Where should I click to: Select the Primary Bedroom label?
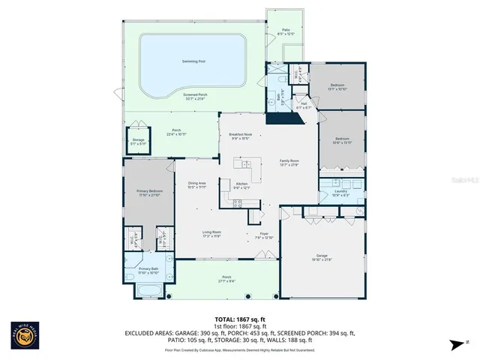click(x=148, y=193)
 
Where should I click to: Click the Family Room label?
click(x=289, y=162)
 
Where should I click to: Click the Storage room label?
click(x=138, y=141)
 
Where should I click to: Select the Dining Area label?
click(x=197, y=185)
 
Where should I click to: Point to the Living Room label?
click(x=211, y=234)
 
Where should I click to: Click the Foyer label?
click(x=264, y=234)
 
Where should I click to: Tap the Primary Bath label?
click(x=149, y=270)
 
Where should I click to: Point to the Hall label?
click(x=304, y=104)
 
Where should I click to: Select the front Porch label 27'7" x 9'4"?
click(x=221, y=280)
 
